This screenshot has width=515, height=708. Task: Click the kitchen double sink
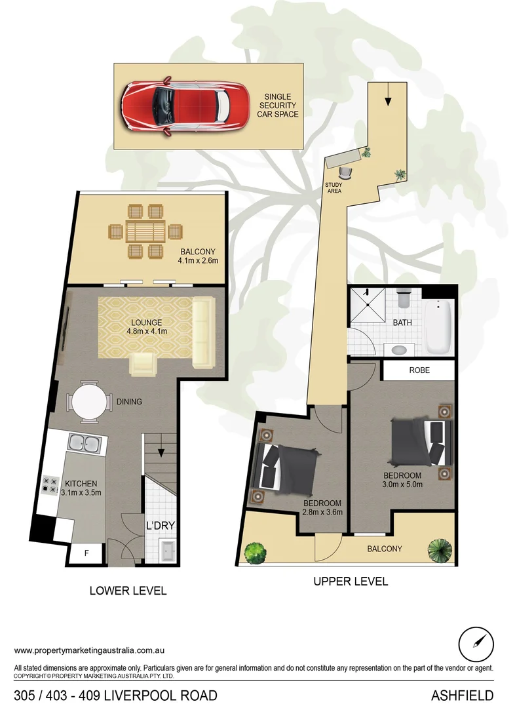click(84, 444)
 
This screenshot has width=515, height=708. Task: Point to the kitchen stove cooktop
click(50, 485)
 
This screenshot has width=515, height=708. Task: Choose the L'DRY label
click(159, 526)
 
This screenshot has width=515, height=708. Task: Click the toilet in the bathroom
click(404, 298)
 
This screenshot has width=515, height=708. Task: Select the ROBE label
click(419, 370)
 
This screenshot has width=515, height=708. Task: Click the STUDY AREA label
click(334, 187)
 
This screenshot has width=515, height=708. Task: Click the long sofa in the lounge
click(203, 332)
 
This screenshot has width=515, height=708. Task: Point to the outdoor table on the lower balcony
click(145, 231)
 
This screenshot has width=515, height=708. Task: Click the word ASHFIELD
click(462, 695)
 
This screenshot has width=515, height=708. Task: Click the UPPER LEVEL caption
click(351, 581)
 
